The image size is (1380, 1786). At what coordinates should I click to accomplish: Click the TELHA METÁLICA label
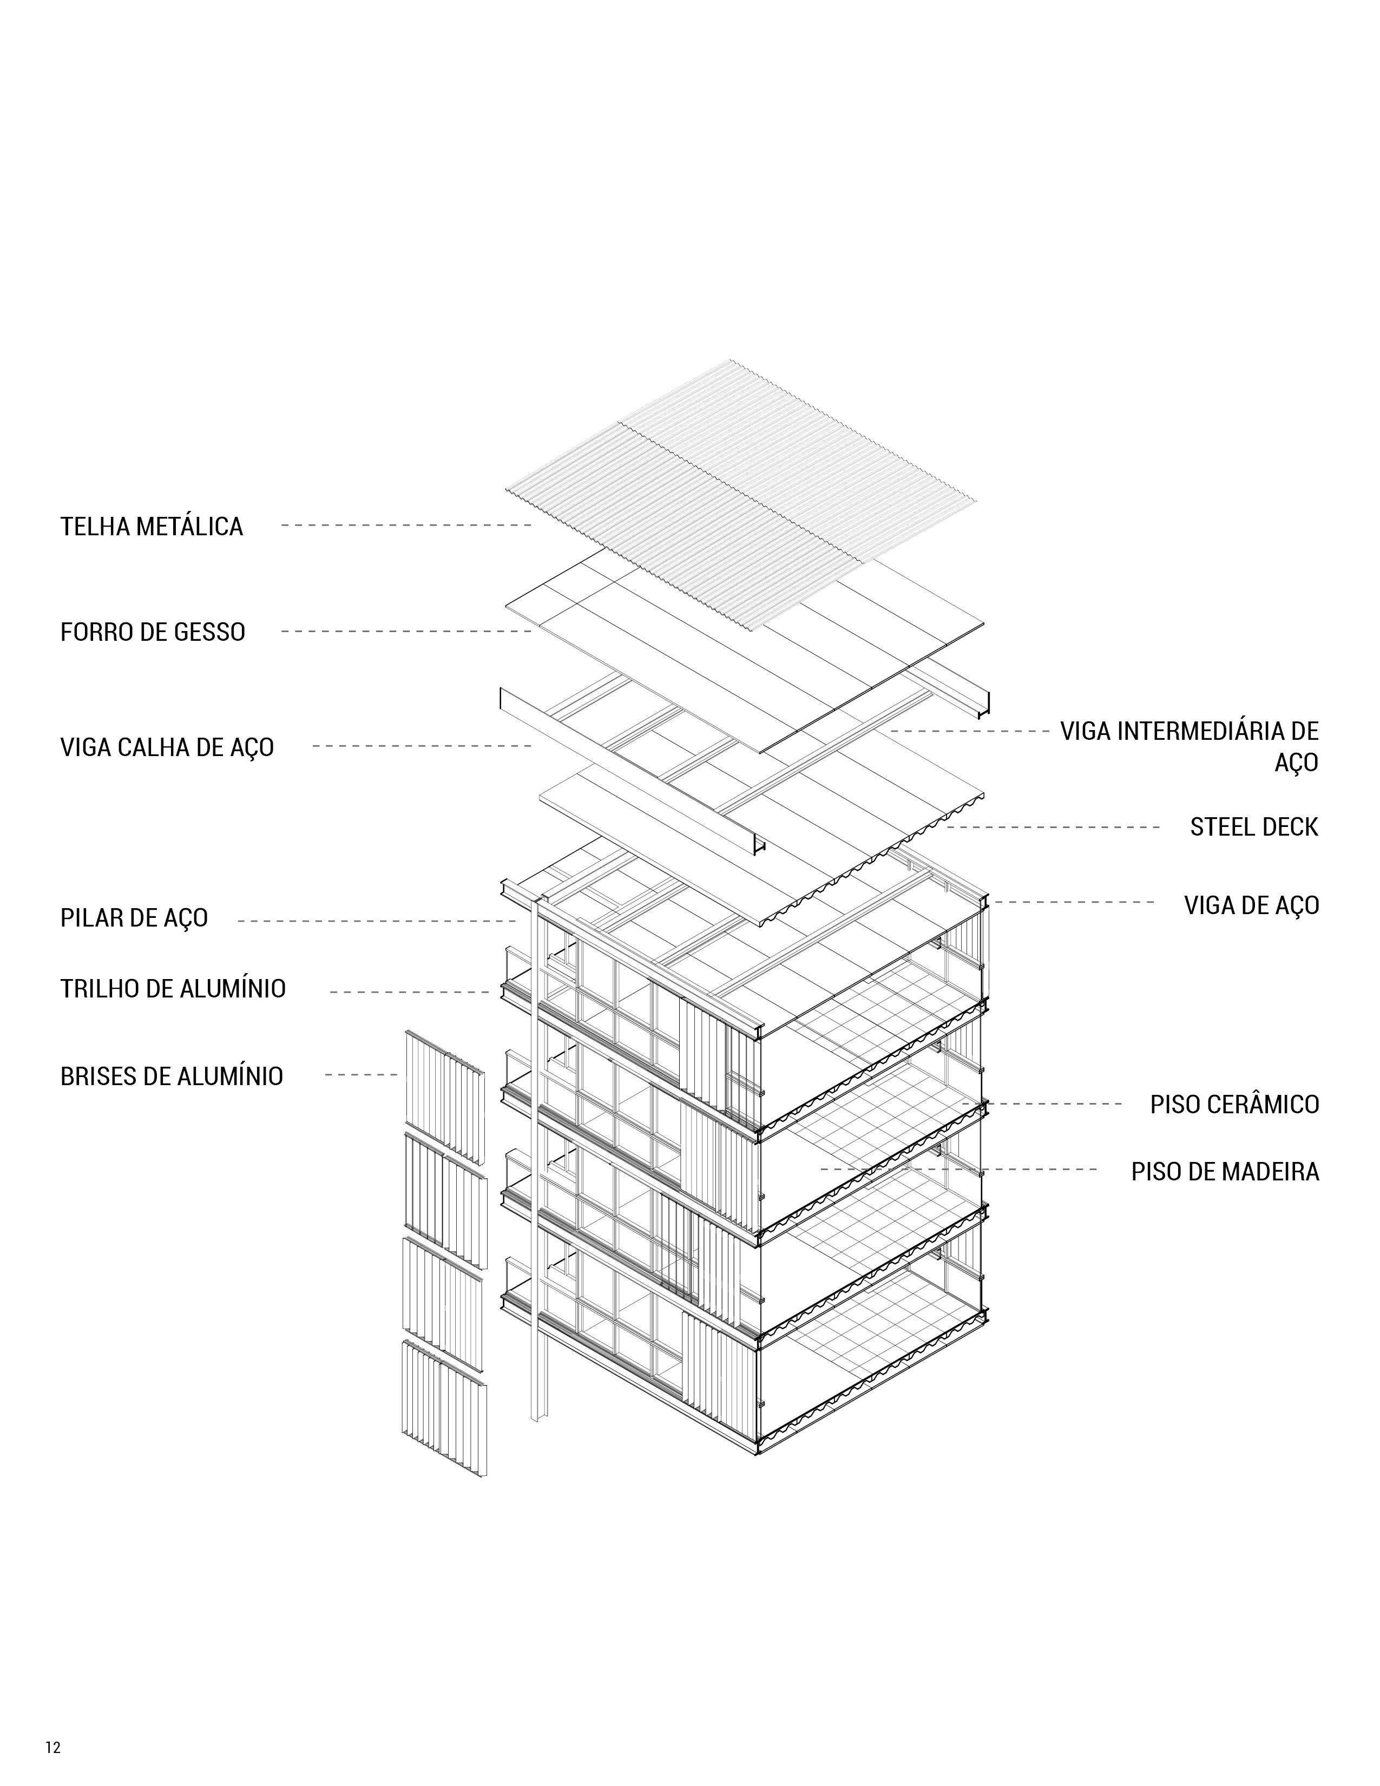151,526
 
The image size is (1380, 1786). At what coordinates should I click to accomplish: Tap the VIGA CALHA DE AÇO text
167,747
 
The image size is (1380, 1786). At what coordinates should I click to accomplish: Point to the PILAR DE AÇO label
134,917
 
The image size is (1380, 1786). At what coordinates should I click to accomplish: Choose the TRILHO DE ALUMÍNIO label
173,989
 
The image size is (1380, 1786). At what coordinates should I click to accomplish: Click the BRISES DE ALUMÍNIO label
172,1075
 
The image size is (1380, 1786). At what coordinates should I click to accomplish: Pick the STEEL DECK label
1254,827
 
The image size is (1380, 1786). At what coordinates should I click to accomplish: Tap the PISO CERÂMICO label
1234,1104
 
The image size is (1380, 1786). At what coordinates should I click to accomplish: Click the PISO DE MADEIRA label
1225,1172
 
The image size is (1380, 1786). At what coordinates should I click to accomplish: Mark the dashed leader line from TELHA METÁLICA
406,525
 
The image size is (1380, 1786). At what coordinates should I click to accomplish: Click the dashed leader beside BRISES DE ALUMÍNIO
360,1074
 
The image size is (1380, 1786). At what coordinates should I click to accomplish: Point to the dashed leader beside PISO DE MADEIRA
958,1170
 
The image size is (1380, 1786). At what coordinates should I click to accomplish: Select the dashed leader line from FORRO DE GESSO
406,631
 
